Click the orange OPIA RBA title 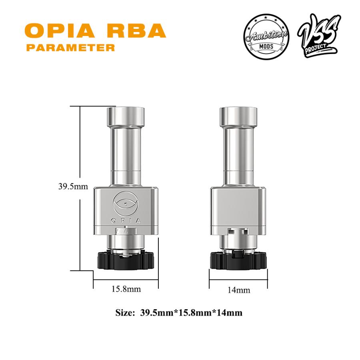[95, 31]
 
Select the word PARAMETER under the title [70, 48]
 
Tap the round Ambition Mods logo [266, 37]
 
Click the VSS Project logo [319, 36]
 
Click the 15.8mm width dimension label [126, 289]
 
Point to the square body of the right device [238, 210]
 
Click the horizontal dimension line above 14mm [238, 278]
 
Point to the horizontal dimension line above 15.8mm [126, 278]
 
